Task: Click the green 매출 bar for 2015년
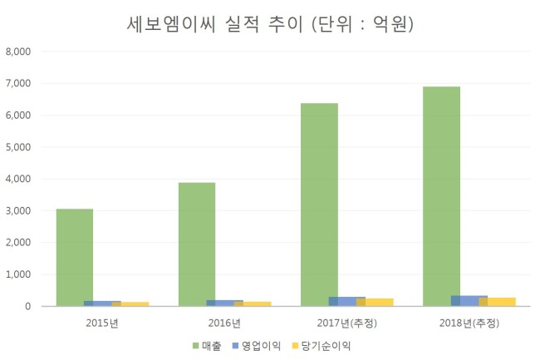pyautogui.click(x=75, y=258)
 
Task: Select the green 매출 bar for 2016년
pyautogui.click(x=197, y=244)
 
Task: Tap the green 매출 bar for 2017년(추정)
pyautogui.click(x=319, y=205)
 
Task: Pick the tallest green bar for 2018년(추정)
pyautogui.click(x=441, y=196)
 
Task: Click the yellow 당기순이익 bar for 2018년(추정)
pyautogui.click(x=498, y=302)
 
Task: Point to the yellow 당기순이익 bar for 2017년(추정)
pyautogui.click(x=375, y=302)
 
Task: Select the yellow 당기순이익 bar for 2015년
pyautogui.click(x=130, y=303)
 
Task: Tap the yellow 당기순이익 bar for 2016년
pyautogui.click(x=253, y=303)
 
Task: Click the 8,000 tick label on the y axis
pyautogui.click(x=18, y=52)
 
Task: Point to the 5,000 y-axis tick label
pyautogui.click(x=18, y=147)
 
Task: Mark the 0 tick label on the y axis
pyautogui.click(x=28, y=306)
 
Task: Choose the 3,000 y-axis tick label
pyautogui.click(x=18, y=211)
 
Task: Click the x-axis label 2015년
pyautogui.click(x=102, y=323)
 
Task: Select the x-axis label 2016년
pyautogui.click(x=224, y=323)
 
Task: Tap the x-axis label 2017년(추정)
pyautogui.click(x=346, y=323)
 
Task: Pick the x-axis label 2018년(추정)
pyautogui.click(x=469, y=323)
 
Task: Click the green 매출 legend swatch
pyautogui.click(x=195, y=346)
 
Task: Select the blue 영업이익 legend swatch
pyautogui.click(x=236, y=346)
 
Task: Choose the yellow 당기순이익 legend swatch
pyautogui.click(x=295, y=346)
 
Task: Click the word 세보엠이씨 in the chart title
pyautogui.click(x=171, y=24)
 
